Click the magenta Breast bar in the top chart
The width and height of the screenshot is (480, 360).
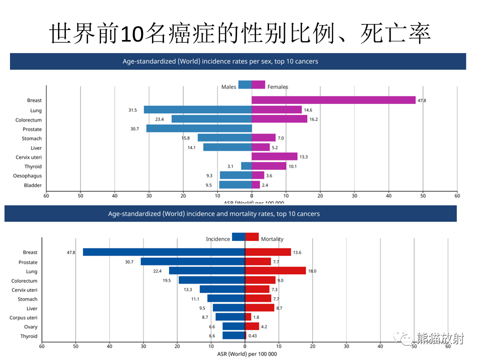coord(333,100)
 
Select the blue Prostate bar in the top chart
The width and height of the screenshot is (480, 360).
coord(199,128)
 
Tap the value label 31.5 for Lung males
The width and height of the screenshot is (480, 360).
coord(132,110)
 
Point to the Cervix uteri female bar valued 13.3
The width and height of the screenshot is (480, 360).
coord(274,156)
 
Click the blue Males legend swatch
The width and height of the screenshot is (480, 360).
coord(245,85)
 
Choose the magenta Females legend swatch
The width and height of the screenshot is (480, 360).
coord(258,85)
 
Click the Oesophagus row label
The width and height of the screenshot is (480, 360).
coord(27,176)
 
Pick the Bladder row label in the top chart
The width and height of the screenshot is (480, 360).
coord(33,185)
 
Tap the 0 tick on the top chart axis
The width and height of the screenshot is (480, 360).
coord(251,196)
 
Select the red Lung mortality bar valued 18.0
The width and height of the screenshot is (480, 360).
coord(275,270)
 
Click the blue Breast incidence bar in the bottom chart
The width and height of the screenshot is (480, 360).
coord(164,252)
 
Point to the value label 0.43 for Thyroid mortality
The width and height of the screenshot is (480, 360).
coord(252,336)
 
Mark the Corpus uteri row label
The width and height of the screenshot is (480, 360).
coord(23,318)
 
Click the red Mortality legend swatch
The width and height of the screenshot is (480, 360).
coord(252,237)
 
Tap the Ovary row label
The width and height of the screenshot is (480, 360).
coord(30,327)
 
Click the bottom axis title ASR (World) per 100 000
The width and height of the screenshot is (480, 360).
coord(247,354)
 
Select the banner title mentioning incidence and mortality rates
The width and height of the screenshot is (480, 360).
coord(213,213)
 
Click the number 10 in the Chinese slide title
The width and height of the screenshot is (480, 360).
coord(132,33)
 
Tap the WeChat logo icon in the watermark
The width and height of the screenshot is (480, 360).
coord(403,338)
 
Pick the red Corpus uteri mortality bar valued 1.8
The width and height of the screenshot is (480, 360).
coord(248,317)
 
